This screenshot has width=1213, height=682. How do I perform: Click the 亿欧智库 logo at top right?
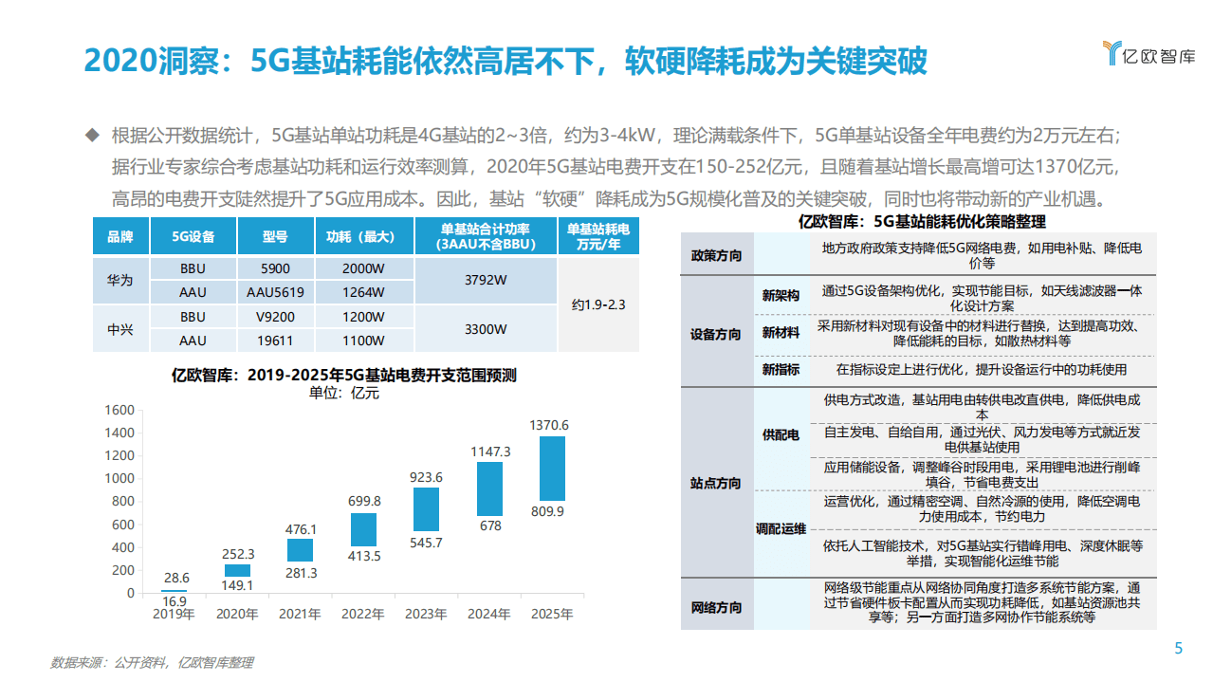(1148, 54)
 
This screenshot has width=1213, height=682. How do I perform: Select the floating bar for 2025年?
(552, 468)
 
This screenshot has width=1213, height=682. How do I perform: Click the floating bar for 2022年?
(363, 529)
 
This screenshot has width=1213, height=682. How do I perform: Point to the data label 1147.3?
(490, 452)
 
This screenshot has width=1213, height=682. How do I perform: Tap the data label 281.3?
(301, 573)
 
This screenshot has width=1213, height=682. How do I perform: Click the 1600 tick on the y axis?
(119, 410)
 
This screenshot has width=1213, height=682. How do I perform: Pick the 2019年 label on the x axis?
(175, 615)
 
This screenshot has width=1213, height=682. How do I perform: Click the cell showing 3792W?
(485, 281)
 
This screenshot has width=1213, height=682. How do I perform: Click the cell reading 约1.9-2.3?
(598, 304)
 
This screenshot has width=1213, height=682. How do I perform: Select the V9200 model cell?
(275, 317)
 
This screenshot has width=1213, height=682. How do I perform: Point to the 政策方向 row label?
(716, 256)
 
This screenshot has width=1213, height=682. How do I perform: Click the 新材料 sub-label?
(781, 333)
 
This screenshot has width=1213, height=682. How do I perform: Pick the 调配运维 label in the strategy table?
(781, 529)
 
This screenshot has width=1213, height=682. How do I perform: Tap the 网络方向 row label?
(716, 607)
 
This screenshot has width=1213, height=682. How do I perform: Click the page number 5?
(1178, 649)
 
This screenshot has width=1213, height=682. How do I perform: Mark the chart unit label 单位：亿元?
(344, 393)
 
